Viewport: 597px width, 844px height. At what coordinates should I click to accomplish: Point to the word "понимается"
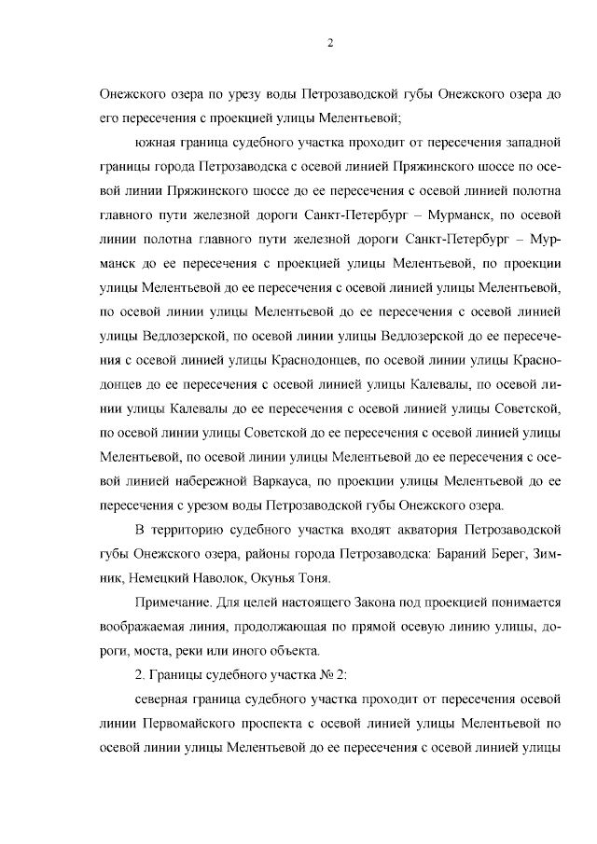(x=520, y=603)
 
